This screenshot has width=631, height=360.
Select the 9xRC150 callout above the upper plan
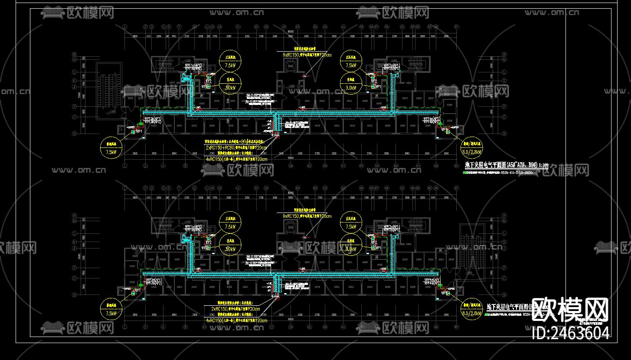[307, 55]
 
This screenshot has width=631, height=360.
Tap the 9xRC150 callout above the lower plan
[307, 216]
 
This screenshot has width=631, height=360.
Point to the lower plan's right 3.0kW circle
[350, 246]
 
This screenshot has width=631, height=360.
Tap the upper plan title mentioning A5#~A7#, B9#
[507, 165]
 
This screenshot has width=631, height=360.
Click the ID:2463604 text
[570, 333]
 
